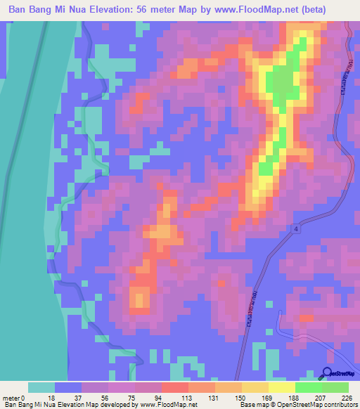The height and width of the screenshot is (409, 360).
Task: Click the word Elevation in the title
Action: coord(138,10)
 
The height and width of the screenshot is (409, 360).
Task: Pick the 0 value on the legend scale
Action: coord(30,397)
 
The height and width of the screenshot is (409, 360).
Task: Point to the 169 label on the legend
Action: coord(268,397)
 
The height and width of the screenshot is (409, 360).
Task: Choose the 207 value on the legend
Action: coord(321,397)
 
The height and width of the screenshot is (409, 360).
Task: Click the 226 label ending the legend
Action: coord(346,397)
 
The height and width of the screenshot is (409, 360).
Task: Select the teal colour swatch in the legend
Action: coord(41,387)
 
